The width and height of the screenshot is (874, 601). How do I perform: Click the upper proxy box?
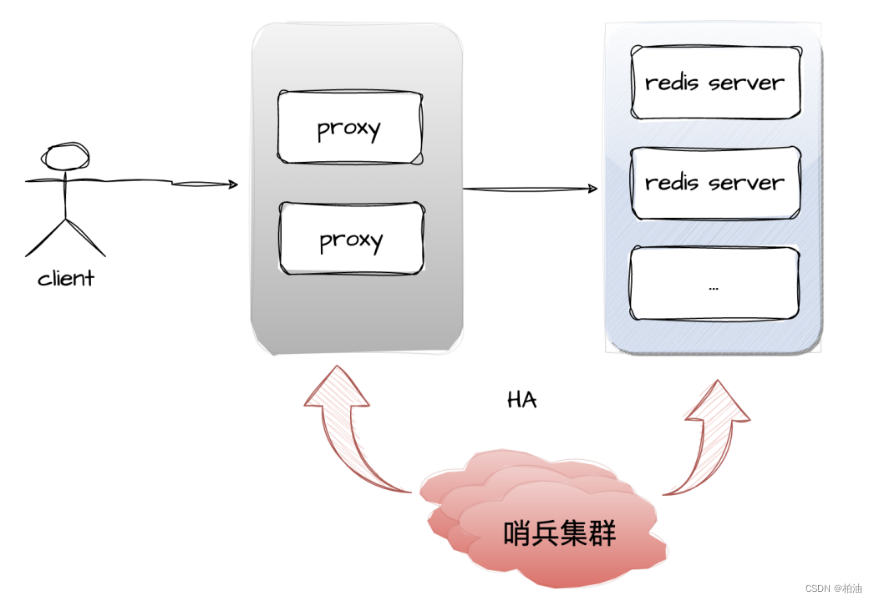(x=350, y=128)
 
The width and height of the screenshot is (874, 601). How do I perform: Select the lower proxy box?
(x=350, y=239)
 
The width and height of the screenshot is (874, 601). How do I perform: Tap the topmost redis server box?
(x=714, y=83)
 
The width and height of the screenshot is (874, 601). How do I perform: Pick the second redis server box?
(x=714, y=183)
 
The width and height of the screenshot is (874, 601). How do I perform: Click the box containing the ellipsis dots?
(x=714, y=284)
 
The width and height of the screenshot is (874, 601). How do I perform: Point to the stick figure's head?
(x=66, y=157)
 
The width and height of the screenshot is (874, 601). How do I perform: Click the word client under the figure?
(x=66, y=279)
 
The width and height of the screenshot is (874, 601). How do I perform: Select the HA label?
(x=522, y=401)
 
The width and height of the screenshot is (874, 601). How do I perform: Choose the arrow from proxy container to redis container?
(x=530, y=189)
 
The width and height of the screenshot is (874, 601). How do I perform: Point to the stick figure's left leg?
(x=46, y=238)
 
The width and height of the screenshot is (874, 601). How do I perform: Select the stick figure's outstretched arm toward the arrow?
(x=125, y=179)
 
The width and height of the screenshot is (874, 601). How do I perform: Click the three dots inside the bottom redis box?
(x=714, y=287)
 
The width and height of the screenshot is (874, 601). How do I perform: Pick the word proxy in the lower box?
(x=351, y=240)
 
